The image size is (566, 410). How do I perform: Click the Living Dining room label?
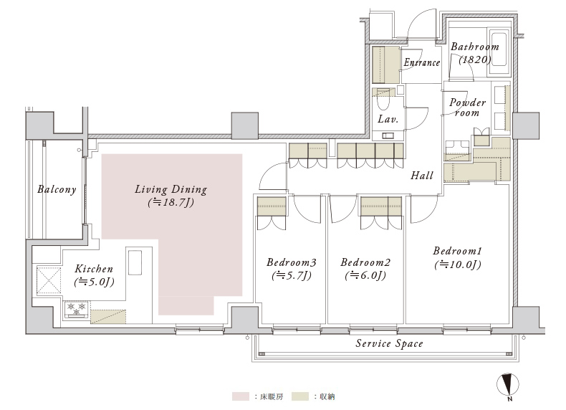[171, 190]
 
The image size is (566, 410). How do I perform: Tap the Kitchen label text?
[94, 269]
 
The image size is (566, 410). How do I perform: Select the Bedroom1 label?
[457, 251]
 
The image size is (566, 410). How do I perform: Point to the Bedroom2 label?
[365, 262]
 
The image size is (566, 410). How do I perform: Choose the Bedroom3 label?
[292, 262]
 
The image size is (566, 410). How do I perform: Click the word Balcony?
[57, 190]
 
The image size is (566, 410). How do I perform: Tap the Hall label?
[422, 176]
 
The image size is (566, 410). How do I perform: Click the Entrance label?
[421, 62]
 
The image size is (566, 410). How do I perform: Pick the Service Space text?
[389, 343]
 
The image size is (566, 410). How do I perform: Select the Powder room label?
[467, 108]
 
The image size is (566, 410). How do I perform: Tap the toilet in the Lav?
[383, 100]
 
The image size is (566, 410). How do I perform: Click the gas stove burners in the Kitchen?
[76, 309]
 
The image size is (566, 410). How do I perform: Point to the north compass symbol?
[508, 385]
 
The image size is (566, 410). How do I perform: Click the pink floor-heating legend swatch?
[241, 396]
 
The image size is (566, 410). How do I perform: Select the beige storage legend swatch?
[300, 396]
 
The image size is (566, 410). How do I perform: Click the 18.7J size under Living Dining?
[171, 202]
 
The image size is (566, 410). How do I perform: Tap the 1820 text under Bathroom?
[475, 59]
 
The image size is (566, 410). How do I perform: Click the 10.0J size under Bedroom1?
[458, 264]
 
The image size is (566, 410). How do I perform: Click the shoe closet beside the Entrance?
[385, 65]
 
